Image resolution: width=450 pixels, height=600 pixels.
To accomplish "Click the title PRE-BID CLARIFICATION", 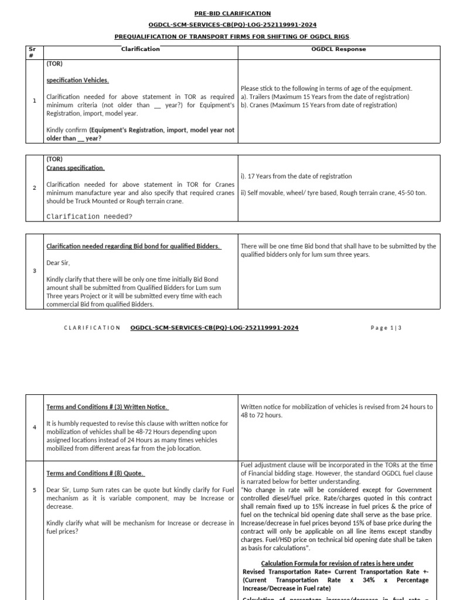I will pos(233,13).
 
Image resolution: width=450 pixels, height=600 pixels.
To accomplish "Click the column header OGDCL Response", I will pos(338,49).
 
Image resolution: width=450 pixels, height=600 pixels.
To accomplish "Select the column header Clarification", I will pos(140,49).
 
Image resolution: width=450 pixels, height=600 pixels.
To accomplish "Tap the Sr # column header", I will pos(32,53).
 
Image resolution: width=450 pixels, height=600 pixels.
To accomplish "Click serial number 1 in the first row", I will pos(35,101).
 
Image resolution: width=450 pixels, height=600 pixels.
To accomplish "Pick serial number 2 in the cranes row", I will pos(35,187).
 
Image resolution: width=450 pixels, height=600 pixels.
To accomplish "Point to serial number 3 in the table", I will pos(35,271).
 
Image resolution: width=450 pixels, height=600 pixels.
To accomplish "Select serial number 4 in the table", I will pos(35,427).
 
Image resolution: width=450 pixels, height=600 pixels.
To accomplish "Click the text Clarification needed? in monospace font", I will pos(90,216).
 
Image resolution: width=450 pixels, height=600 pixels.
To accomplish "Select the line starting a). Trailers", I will pos(325,97).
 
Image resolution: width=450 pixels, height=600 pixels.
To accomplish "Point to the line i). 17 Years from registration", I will pos(296,176).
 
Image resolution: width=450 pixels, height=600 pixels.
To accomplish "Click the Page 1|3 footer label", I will pos(386,328).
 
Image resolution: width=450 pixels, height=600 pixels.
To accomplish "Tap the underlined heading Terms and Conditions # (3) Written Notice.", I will pos(107,407).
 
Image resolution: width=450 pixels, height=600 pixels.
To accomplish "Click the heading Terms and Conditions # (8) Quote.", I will pos(95,473).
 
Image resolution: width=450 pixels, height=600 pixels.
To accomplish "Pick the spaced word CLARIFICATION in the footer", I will pos(92,328).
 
